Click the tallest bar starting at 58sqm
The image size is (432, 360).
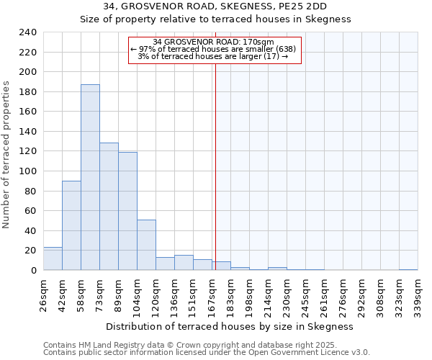90,177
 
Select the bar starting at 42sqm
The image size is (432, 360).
71,225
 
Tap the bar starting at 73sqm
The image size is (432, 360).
109,207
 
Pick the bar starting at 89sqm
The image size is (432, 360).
127,211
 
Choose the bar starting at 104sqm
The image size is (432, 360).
146,245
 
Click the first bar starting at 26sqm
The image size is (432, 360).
53,258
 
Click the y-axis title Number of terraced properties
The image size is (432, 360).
6,154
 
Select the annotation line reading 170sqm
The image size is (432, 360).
214,42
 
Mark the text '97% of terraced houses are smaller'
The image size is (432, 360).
209,49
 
